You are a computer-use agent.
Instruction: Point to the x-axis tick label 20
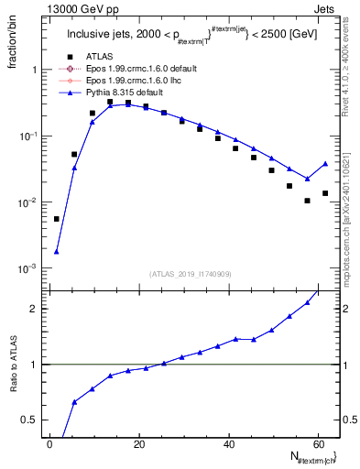point(139,443)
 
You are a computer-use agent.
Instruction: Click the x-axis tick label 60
point(318,443)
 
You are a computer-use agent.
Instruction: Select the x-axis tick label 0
point(50,443)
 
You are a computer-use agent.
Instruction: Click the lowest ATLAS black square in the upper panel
point(57,219)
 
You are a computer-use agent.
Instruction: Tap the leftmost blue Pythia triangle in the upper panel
point(57,252)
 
